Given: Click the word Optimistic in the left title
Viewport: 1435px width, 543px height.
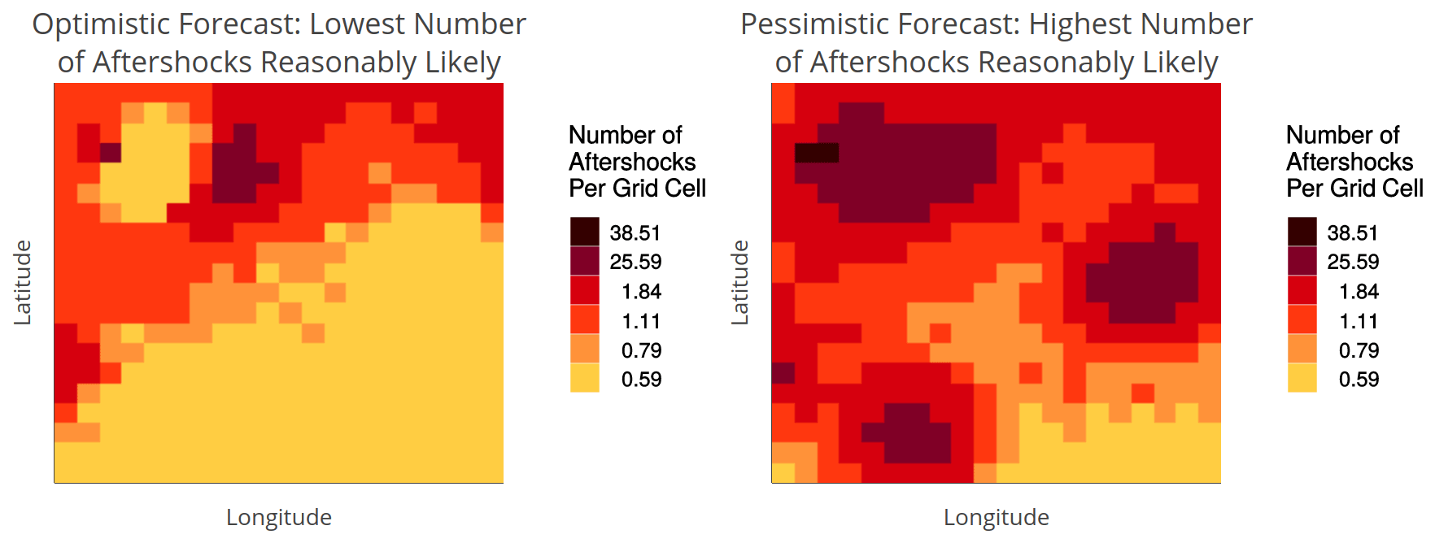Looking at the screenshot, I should tap(101, 24).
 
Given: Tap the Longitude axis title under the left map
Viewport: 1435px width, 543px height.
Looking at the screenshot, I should tap(279, 517).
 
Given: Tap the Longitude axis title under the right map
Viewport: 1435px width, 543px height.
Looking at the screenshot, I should tap(997, 517).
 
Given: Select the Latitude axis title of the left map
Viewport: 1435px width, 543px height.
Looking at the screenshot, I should tap(23, 283).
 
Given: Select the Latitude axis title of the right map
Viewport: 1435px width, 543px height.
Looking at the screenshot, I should tap(740, 283).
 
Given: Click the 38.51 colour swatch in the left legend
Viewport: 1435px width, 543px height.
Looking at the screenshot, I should tap(585, 232).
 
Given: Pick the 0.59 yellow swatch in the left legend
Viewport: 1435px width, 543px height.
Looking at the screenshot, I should tap(585, 379).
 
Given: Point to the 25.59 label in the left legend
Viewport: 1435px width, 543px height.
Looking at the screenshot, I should tap(635, 262).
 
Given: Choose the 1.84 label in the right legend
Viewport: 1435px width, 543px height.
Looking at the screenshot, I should tap(1359, 291).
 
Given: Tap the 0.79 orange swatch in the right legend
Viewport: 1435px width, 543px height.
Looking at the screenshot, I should tap(1302, 350).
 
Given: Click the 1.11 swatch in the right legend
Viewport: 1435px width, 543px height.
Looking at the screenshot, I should tap(1302, 320).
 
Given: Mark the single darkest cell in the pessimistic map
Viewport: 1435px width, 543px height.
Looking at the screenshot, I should tap(817, 152).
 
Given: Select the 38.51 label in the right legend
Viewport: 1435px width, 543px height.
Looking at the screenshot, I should tap(1353, 232).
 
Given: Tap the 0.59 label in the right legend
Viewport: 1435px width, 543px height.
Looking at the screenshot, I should tap(1359, 379).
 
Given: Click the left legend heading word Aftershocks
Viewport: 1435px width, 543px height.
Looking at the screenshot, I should tap(632, 162).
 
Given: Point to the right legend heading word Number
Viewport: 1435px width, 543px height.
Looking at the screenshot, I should tap(1323, 135).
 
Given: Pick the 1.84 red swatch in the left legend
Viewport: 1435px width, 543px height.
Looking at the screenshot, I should tap(585, 291).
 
